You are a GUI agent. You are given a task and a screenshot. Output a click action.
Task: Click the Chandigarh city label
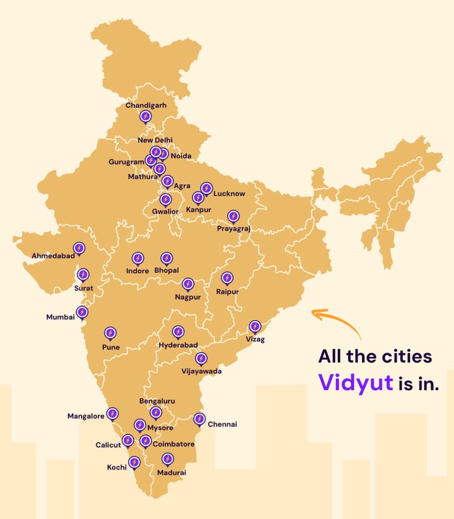pos(146,106)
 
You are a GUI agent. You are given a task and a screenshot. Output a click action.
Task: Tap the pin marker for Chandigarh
pos(145,117)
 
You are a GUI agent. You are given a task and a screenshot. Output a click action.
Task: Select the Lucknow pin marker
pos(206,188)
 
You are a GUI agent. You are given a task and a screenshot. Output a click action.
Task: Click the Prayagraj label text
pos(233,229)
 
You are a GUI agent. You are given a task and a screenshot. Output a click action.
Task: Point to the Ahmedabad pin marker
pos(79,248)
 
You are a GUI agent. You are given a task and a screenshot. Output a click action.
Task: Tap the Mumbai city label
pos(60,317)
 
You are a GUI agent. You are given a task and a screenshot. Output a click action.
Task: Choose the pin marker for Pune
pos(110,333)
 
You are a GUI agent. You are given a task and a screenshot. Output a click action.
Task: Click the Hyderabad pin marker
pos(178,331)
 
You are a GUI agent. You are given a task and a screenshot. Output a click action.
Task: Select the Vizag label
pos(255,339)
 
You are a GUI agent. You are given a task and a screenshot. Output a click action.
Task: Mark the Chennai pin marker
pos(199,419)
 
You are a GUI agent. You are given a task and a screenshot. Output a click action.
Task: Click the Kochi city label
pos(116,467)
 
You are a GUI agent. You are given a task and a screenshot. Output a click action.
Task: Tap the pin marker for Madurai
pos(167,459)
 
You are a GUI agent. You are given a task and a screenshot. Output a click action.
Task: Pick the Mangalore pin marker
pos(112,413)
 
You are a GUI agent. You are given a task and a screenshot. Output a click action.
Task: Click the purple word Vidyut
pos(355,382)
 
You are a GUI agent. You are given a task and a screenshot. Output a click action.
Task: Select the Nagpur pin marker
pos(188,284)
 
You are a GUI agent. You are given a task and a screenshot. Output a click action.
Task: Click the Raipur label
pos(227,292)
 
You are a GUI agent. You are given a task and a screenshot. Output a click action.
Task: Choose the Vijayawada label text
pos(201,372)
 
